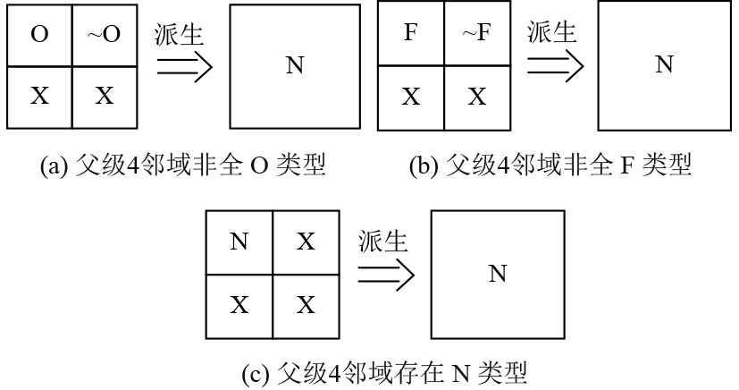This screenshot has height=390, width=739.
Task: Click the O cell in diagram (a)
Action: (x=39, y=37)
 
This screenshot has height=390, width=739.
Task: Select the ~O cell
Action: (x=105, y=37)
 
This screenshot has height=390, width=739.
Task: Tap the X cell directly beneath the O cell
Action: (x=39, y=96)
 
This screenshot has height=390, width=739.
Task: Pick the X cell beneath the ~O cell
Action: (x=105, y=96)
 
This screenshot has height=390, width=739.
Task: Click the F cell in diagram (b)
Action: (x=410, y=37)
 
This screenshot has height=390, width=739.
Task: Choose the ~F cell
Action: (x=476, y=37)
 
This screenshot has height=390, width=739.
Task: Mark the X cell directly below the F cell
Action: (x=410, y=96)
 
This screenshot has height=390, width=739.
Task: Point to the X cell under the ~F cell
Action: (x=476, y=96)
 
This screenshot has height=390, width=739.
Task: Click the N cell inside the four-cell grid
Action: (x=239, y=242)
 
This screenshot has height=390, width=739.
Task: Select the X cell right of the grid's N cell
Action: (x=306, y=242)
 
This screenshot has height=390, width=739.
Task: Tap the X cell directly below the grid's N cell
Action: (x=239, y=305)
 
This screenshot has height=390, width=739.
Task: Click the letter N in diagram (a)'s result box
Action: (x=293, y=66)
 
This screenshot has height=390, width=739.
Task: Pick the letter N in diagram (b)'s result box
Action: (x=664, y=66)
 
